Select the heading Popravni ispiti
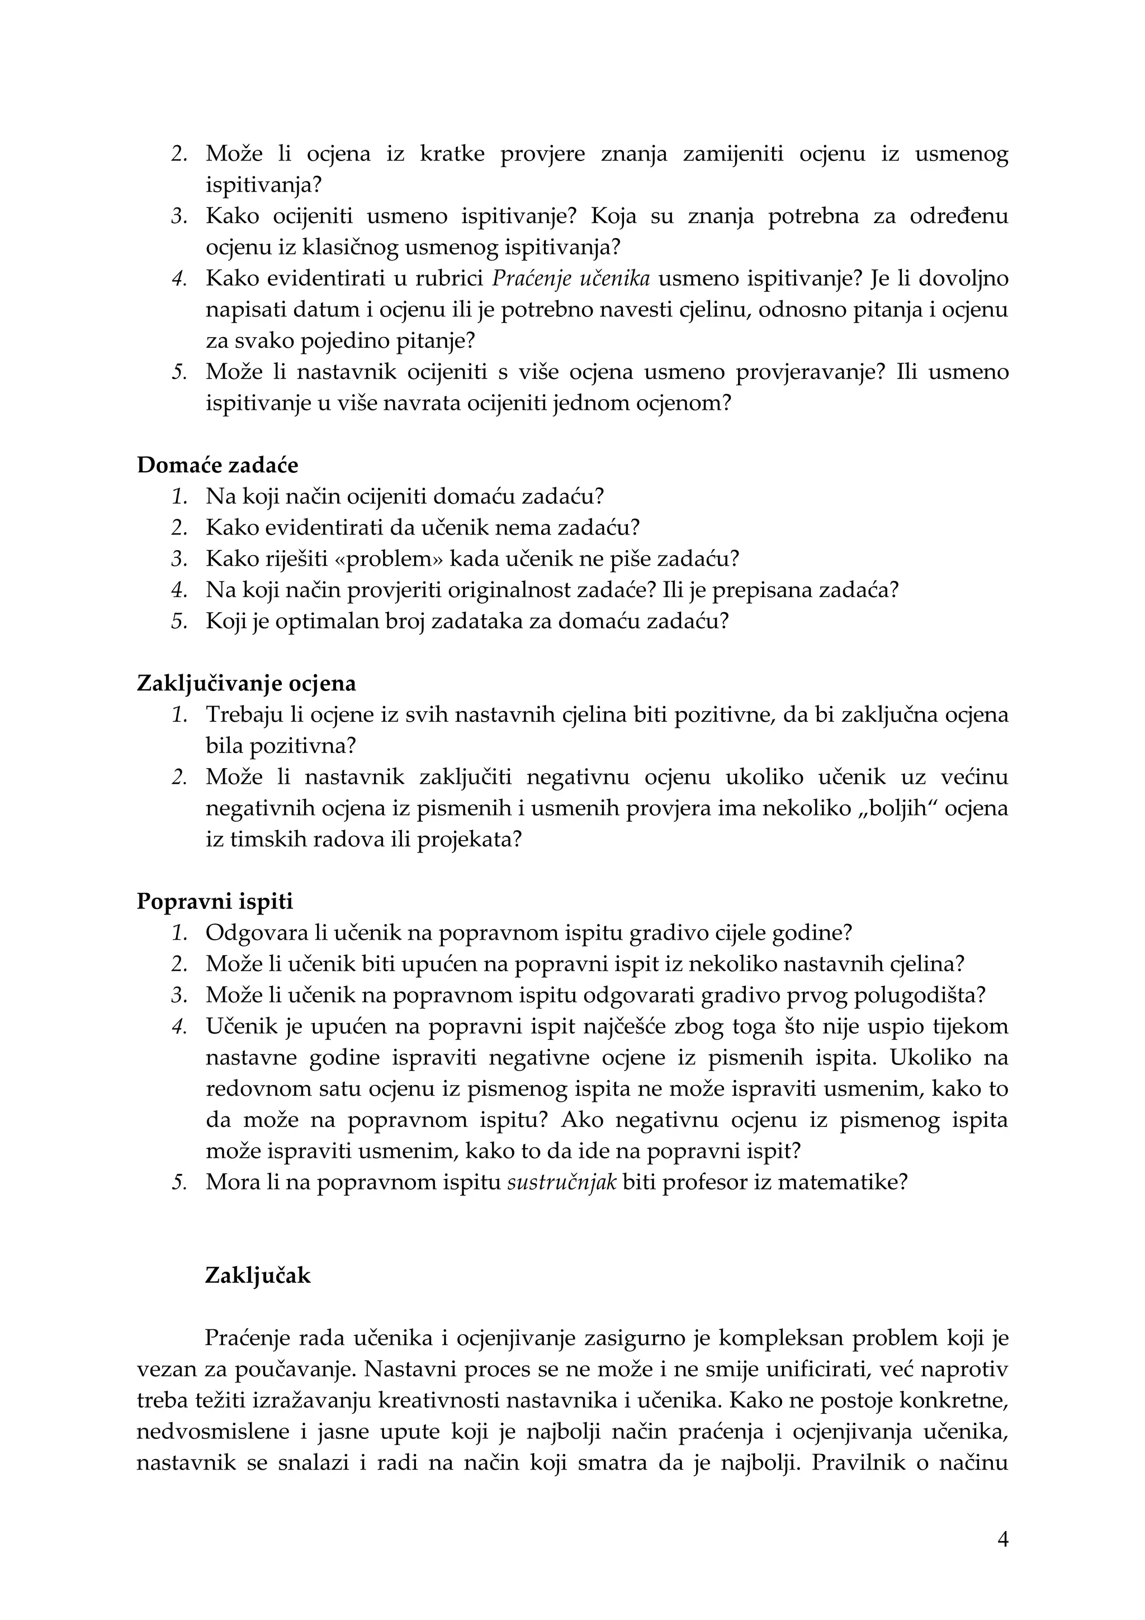pos(215,902)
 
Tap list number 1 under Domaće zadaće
pos(180,497)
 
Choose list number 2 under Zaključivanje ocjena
pos(180,778)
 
